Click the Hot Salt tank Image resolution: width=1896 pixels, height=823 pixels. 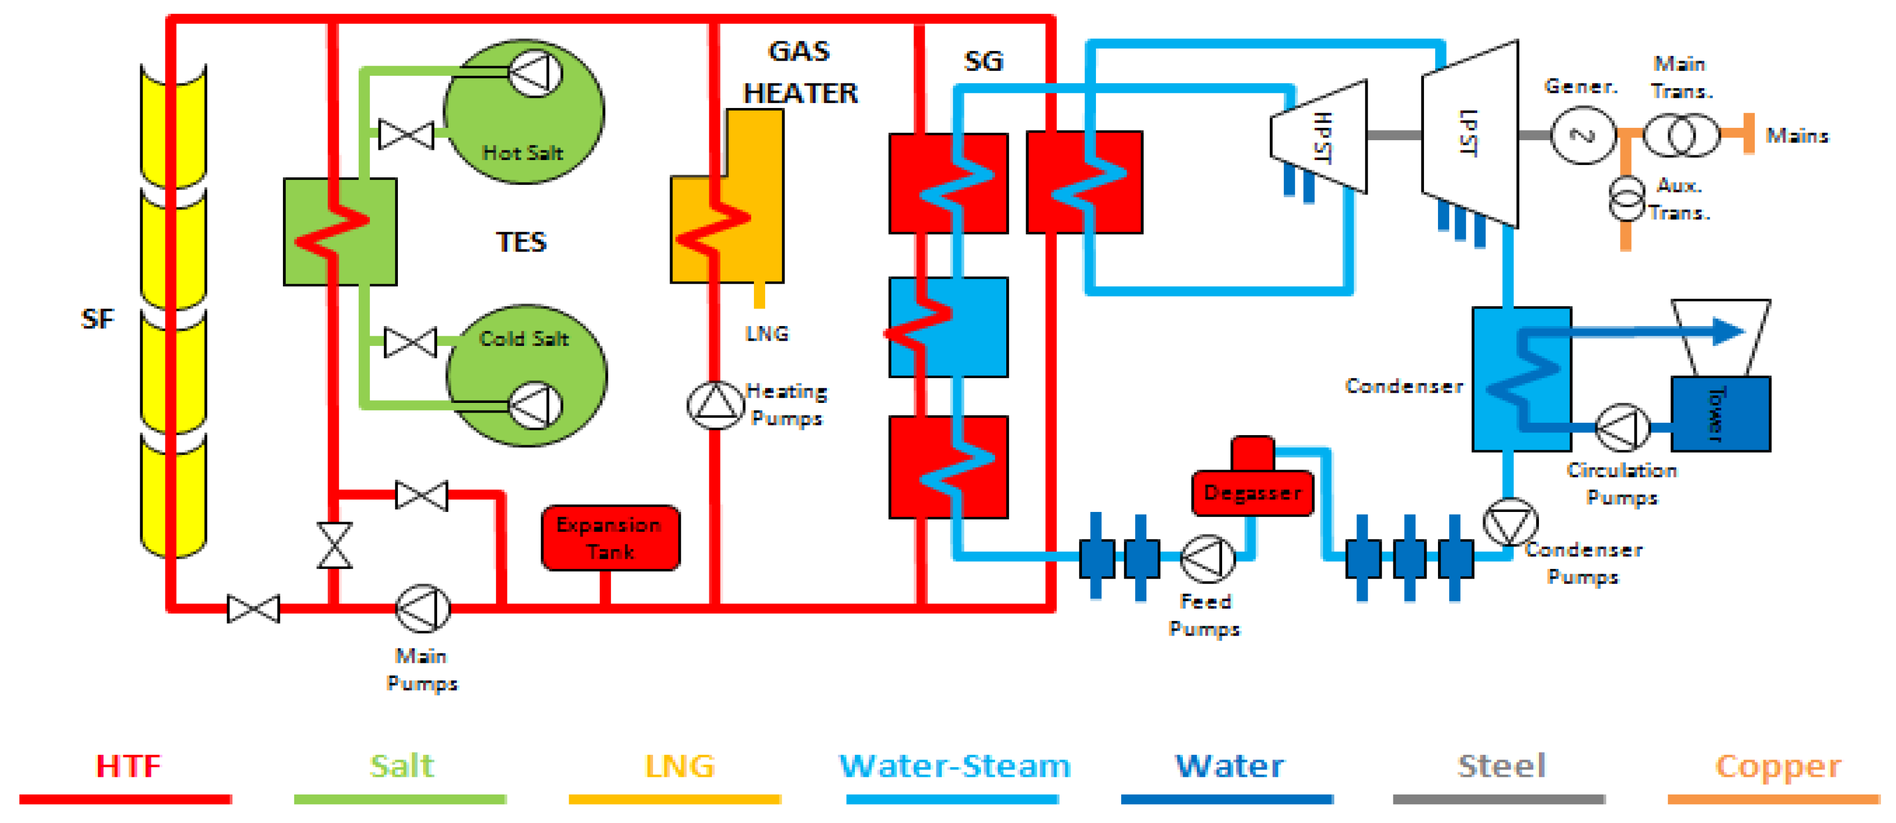(x=524, y=112)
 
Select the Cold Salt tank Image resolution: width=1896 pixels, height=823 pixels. (x=526, y=376)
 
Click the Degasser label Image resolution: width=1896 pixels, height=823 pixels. (x=1252, y=493)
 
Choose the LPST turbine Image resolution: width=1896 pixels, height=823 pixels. (x=1470, y=134)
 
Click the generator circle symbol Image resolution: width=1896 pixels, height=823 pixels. (x=1583, y=135)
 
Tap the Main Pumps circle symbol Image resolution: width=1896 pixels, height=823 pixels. (x=423, y=609)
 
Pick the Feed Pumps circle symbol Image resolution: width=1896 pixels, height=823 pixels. (x=1208, y=559)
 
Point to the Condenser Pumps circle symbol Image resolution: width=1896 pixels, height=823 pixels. (x=1510, y=523)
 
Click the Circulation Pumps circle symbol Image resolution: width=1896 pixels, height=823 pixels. (x=1623, y=427)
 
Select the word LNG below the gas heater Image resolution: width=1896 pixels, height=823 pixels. (x=767, y=334)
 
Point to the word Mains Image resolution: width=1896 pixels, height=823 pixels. (x=1797, y=135)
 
